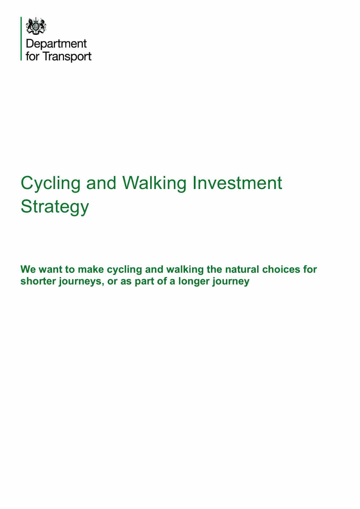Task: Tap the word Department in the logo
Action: [x=56, y=44]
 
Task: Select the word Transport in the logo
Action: [x=67, y=57]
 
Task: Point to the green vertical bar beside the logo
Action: [x=21, y=39]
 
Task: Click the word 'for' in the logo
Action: [x=32, y=57]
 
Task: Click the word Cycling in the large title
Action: [x=51, y=183]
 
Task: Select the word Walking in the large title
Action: [x=155, y=183]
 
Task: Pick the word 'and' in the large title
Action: [x=101, y=183]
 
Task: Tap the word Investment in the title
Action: [x=237, y=183]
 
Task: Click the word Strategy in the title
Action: [x=55, y=207]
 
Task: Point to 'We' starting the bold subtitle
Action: [x=28, y=269]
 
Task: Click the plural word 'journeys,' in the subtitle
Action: [x=80, y=282]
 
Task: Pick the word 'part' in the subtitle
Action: [x=145, y=282]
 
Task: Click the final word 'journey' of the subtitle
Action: [x=231, y=282]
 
